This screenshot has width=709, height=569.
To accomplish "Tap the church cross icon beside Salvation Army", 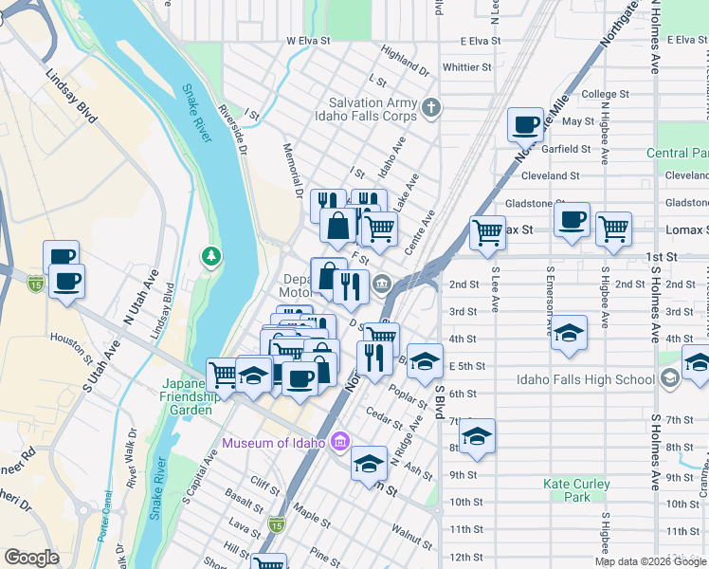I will tap(432, 105).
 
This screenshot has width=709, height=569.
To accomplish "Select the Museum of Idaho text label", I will tap(273, 443).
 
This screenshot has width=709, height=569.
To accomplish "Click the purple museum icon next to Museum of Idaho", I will tap(341, 442).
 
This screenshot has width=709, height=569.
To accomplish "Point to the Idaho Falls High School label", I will tap(586, 380).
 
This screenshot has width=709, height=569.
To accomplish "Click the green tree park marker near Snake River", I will tap(210, 256).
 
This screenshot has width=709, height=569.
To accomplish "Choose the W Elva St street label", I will tap(308, 41).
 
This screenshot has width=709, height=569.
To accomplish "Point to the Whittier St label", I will tap(466, 67).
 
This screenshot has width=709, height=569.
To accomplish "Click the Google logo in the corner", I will tap(32, 558).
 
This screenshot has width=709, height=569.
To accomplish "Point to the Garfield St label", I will tap(567, 149).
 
